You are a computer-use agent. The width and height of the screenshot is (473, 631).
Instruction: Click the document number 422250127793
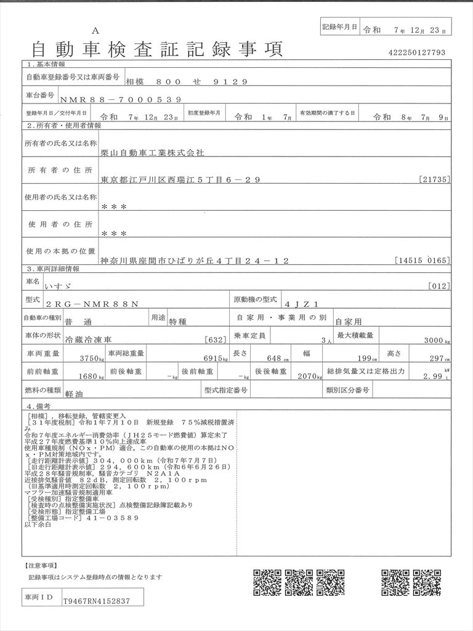point(416,53)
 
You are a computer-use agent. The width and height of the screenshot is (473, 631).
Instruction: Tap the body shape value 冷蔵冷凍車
point(70,340)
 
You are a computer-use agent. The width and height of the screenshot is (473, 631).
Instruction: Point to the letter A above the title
point(95,31)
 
